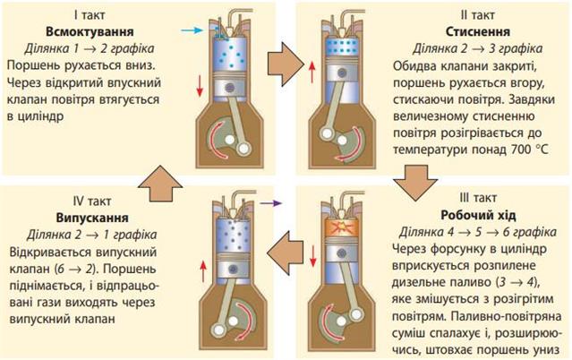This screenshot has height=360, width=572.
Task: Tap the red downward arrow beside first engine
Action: [x=198, y=86]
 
